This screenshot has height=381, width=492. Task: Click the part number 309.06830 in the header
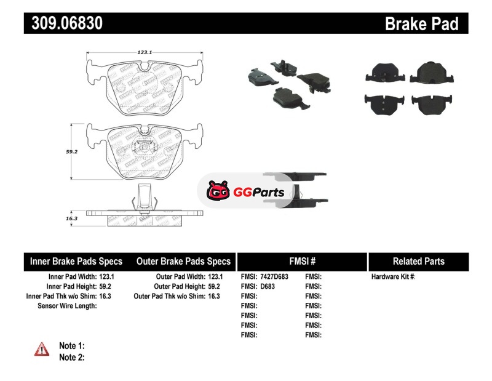(x=63, y=24)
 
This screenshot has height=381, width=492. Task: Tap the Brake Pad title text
(x=421, y=24)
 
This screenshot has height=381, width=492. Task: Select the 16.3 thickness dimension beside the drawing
(x=72, y=219)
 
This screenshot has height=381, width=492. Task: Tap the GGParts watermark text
(x=258, y=193)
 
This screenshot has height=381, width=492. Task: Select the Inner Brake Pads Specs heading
(x=76, y=261)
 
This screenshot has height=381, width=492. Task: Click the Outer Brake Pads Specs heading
(x=183, y=261)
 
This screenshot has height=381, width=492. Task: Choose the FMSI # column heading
(x=302, y=261)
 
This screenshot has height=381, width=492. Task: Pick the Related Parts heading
(x=419, y=261)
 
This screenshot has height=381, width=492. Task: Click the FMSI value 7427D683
(x=274, y=277)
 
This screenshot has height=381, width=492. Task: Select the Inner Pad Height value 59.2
(x=106, y=286)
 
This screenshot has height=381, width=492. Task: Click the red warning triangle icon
(x=42, y=349)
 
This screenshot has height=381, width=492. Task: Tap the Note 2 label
(x=71, y=357)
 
